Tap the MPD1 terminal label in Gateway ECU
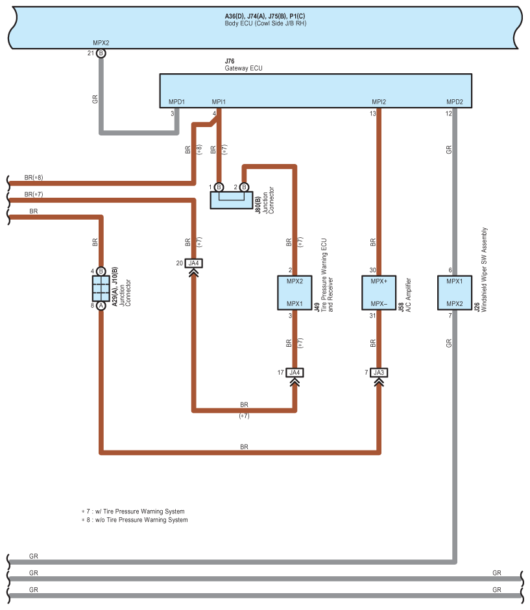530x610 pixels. [x=177, y=102]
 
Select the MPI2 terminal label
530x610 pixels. [x=379, y=102]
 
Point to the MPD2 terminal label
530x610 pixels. [x=455, y=102]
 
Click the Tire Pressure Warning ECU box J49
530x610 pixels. [x=295, y=292]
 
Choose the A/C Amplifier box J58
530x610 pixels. [x=379, y=292]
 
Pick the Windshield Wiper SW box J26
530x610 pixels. [x=455, y=292]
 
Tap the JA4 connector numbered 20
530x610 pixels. [x=193, y=263]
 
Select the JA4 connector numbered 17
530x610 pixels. [x=295, y=372]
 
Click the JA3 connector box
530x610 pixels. [x=379, y=372]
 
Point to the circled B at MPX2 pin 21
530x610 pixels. [x=101, y=54]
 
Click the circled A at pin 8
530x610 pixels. [x=101, y=305]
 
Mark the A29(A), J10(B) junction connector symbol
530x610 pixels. [x=101, y=288]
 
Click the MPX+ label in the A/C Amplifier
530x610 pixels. [x=379, y=281]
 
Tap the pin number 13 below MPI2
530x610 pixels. [x=373, y=113]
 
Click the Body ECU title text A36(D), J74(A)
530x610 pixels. [x=265, y=15]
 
